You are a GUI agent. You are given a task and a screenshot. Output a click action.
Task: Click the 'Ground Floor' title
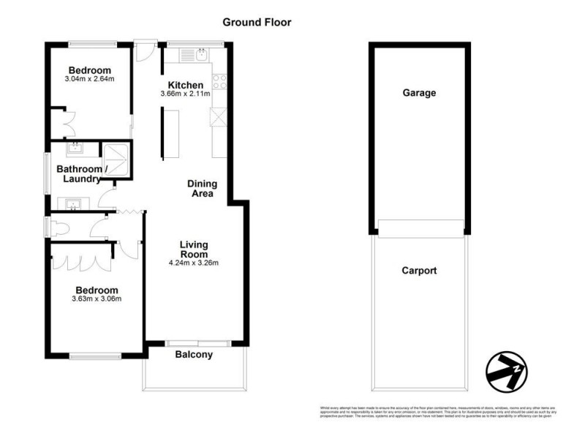[257, 22]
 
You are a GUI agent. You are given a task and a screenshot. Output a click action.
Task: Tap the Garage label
[419, 93]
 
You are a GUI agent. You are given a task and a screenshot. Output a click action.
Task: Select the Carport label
[419, 271]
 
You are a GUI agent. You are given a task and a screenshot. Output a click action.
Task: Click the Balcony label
[194, 356]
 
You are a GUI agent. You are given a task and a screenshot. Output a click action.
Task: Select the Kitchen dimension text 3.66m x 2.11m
[186, 94]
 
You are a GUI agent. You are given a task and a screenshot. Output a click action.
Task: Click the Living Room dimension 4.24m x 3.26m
[194, 263]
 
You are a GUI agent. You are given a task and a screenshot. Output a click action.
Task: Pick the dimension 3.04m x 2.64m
[91, 78]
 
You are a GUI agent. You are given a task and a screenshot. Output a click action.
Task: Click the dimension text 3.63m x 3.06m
[97, 298]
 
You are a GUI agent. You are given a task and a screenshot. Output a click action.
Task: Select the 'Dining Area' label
[200, 189]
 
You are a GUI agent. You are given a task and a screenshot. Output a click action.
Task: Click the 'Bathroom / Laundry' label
[83, 174]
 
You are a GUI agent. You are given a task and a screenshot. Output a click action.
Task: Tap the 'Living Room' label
[195, 249]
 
